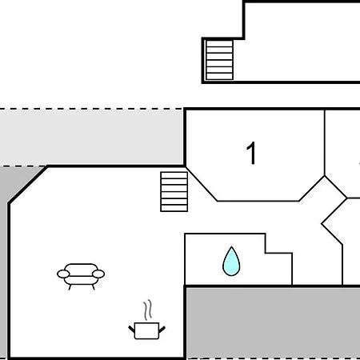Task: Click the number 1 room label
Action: tap(251, 153)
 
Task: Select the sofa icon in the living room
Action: tap(81, 276)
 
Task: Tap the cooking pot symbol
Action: tap(147, 330)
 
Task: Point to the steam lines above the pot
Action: tap(148, 310)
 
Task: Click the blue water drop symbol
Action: tap(231, 262)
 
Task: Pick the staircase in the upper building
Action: tap(219, 60)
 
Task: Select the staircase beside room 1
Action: tap(174, 192)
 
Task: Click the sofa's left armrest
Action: tap(63, 274)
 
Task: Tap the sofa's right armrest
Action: tap(98, 274)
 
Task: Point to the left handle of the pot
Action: tap(132, 329)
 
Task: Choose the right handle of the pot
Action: tap(162, 330)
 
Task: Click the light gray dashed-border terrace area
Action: tap(91, 137)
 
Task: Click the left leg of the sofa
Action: tap(70, 287)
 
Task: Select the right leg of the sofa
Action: tap(94, 287)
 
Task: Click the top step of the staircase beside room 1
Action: tap(174, 175)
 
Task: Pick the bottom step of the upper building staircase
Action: tap(219, 76)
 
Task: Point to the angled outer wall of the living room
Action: tap(28, 185)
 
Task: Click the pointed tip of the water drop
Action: tap(231, 247)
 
